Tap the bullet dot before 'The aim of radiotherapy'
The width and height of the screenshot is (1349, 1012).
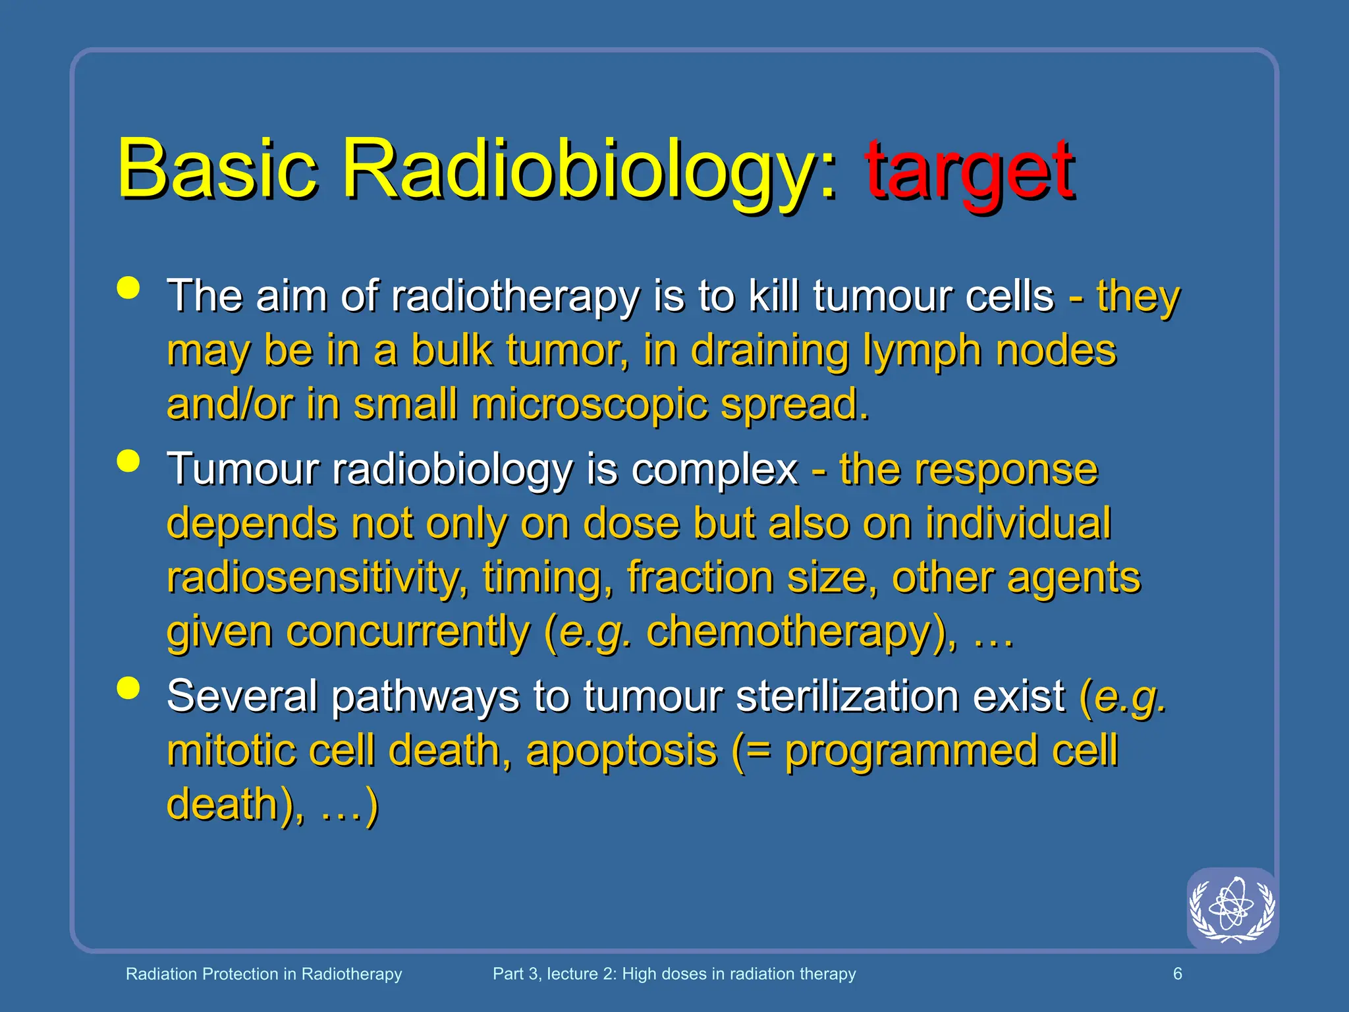(128, 288)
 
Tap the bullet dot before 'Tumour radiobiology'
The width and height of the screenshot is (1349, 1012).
(128, 461)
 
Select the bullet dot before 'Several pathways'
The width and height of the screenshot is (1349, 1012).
(128, 688)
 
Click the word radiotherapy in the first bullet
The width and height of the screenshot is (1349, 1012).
(514, 296)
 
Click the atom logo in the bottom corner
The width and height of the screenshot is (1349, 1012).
(1232, 909)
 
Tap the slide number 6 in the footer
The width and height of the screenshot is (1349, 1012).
(1178, 974)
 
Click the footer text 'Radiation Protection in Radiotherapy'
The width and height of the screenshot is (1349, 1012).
(263, 974)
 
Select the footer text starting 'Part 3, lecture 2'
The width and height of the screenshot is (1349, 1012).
(674, 974)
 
